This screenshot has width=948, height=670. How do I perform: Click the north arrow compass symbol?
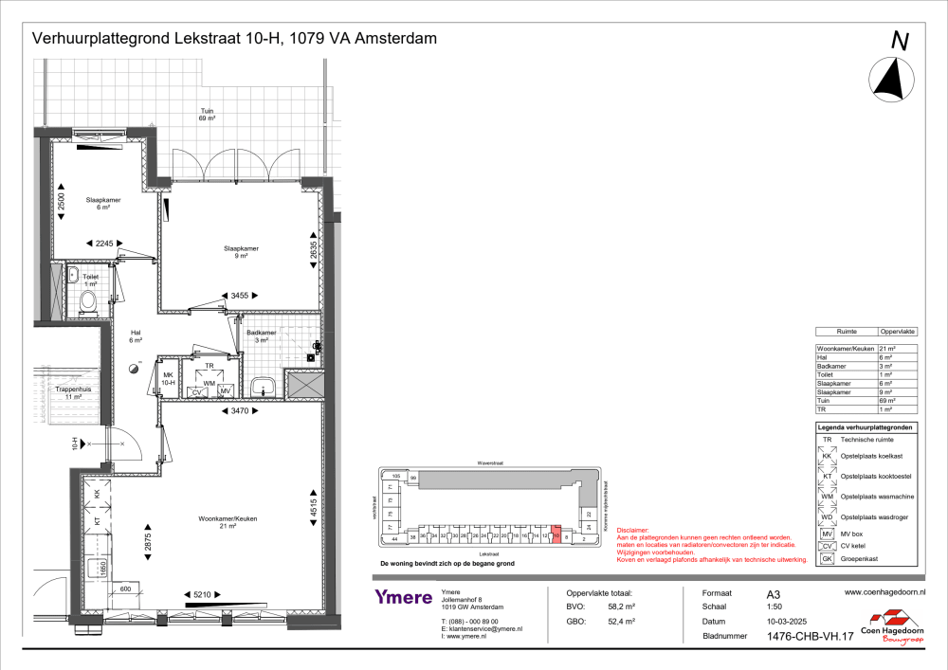point(891,79)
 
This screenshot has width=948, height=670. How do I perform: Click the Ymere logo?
point(403,597)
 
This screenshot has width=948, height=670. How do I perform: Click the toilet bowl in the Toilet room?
point(88,302)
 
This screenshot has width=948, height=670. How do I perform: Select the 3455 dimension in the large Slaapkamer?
point(241,296)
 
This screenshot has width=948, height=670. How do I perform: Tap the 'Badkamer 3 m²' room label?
point(261,336)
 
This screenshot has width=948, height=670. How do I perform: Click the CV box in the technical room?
point(197,391)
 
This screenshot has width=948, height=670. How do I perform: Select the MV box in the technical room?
point(226,391)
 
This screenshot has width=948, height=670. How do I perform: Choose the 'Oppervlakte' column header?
point(899,333)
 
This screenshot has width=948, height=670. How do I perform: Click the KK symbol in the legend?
point(828,457)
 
